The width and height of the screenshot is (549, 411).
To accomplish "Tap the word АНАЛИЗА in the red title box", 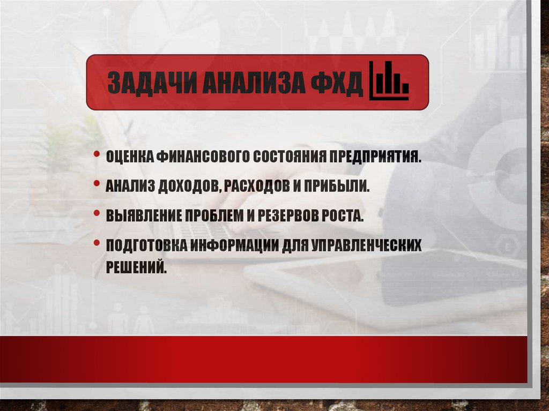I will coord(250,84).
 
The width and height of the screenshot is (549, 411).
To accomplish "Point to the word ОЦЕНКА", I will coord(129,157).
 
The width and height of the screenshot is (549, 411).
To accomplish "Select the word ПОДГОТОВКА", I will coord(144,245).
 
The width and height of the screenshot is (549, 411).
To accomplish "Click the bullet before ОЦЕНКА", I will coord(97,155).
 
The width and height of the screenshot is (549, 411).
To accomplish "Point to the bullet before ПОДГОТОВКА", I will coord(97,243).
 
